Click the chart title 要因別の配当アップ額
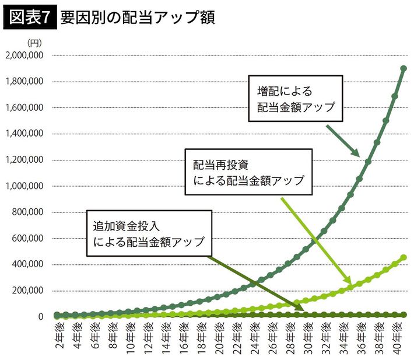click(x=138, y=18)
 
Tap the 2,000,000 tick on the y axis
click(x=24, y=55)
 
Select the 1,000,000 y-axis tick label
click(x=24, y=186)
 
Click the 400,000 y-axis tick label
click(x=27, y=264)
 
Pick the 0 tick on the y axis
click(x=40, y=316)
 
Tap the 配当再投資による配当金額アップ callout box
click(x=248, y=172)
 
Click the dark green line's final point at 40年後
click(x=403, y=68)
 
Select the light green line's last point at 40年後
click(x=403, y=257)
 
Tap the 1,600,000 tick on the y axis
click(x=24, y=107)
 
